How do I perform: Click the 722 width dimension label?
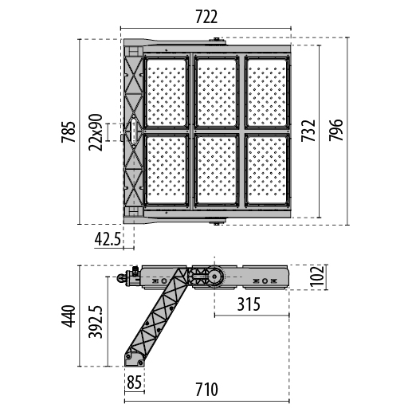click(206, 17)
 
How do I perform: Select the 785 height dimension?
click(68, 132)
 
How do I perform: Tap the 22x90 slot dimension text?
click(96, 132)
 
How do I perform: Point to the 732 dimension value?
click(308, 131)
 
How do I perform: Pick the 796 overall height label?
click(335, 130)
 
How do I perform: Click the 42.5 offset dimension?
click(108, 239)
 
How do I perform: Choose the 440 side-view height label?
click(69, 316)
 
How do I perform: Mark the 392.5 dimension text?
click(96, 321)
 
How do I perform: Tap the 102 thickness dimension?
click(317, 276)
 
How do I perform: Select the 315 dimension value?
click(249, 304)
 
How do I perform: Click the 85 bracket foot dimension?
click(134, 382)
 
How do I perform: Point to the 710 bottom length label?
click(206, 390)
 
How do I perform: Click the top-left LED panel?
click(167, 92)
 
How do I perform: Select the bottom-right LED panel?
click(267, 170)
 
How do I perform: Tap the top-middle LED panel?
click(217, 92)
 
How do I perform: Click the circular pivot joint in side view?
click(214, 277)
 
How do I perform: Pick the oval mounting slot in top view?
click(134, 131)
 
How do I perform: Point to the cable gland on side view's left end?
click(128, 277)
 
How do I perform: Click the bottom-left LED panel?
click(167, 170)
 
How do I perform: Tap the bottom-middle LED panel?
click(217, 170)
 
